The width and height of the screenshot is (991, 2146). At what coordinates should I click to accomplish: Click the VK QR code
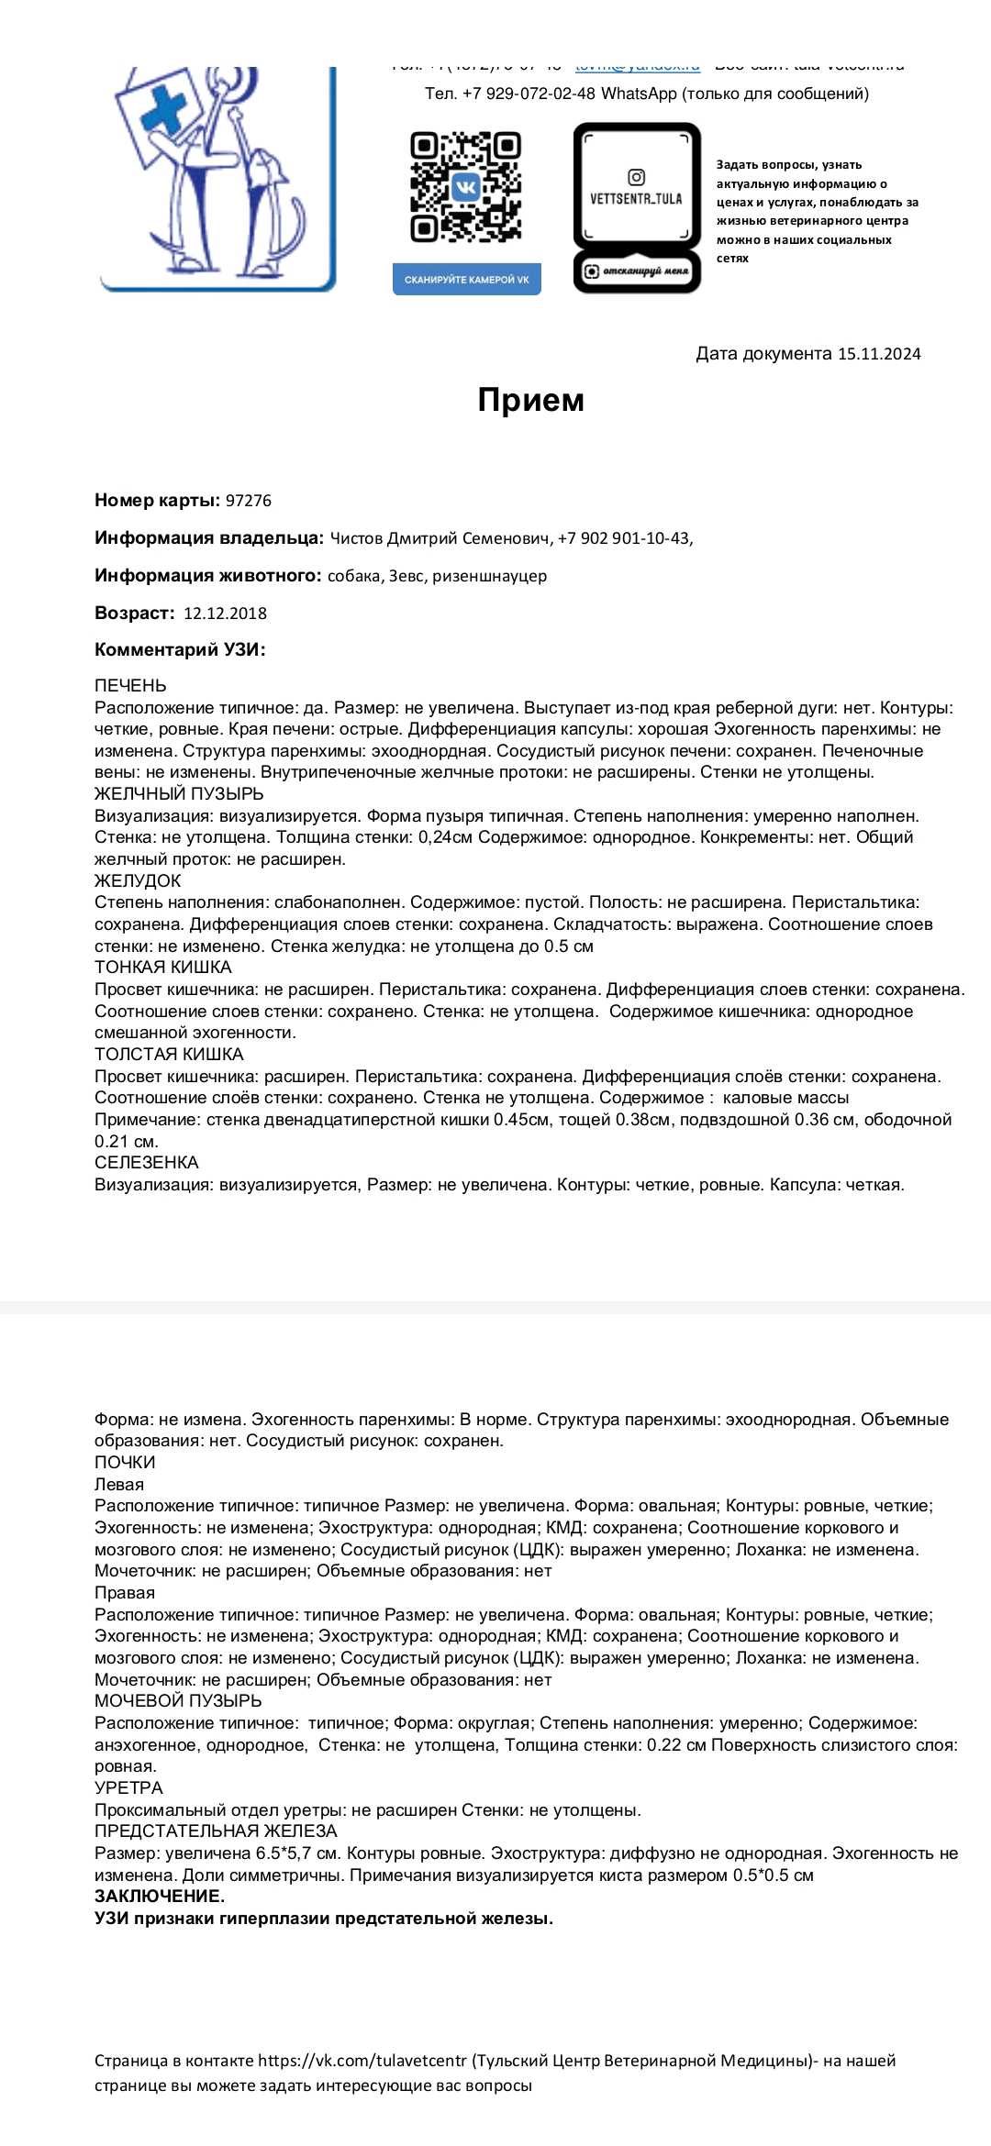coord(465,187)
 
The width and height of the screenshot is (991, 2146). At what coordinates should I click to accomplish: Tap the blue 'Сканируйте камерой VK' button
coord(466,280)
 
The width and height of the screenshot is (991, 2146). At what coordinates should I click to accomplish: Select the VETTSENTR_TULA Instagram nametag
coord(637,207)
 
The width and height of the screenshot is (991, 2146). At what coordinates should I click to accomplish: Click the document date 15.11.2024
coord(878,354)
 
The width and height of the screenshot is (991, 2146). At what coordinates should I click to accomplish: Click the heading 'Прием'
coord(530,400)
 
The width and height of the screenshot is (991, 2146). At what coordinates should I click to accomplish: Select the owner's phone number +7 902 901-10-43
coord(624,538)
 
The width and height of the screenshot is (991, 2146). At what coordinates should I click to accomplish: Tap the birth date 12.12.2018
coord(225,614)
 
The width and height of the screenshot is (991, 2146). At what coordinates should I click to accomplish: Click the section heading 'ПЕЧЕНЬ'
coord(130,686)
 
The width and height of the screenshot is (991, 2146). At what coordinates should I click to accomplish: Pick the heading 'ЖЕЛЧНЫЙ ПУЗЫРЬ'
coord(179,794)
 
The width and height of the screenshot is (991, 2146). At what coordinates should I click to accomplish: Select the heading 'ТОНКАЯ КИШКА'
coord(163,968)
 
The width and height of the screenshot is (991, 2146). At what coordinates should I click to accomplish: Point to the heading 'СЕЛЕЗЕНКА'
coord(147,1163)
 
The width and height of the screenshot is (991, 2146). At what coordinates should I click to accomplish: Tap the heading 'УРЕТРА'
coord(128,1787)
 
